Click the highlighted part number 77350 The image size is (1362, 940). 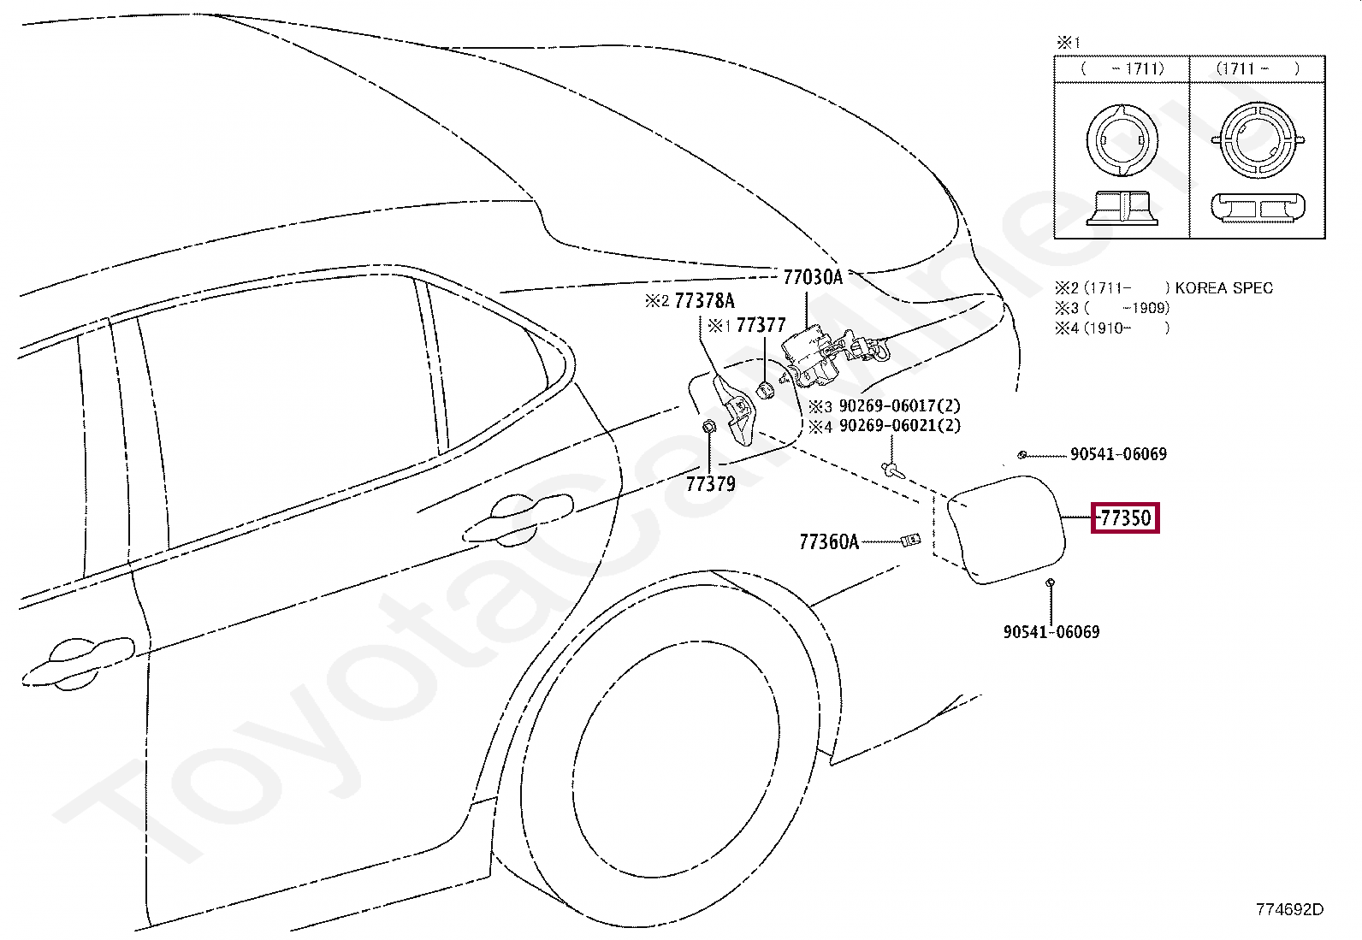1126,518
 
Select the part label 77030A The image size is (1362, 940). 813,277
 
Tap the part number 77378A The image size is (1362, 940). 705,300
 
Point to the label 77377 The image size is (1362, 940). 761,325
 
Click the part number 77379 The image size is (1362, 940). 711,484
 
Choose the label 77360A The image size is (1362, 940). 829,541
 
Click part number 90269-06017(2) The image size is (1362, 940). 899,405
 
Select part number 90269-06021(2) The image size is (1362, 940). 900,426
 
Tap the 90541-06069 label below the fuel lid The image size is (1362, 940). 1051,632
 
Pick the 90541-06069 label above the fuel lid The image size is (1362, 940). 1118,453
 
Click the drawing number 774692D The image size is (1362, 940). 1289,909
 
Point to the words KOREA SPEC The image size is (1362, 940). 1223,287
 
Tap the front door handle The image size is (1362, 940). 78,664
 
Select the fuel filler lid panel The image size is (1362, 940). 1006,529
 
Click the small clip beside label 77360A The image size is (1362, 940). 910,540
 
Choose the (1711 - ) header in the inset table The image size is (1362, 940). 1257,68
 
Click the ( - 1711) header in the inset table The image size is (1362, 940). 1122,68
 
